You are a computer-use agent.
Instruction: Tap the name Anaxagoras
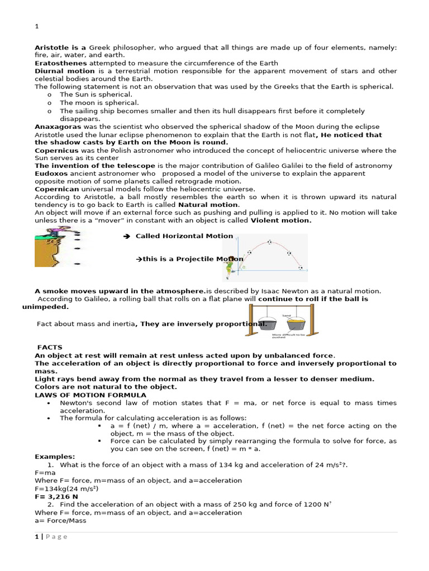pos(58,127)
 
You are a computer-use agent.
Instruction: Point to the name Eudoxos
pos(51,174)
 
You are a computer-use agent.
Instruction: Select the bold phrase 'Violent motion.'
pos(281,220)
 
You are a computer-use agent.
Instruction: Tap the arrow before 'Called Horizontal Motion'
pos(126,236)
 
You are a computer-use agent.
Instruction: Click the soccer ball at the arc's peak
pos(270,242)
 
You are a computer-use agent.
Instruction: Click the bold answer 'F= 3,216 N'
pos(56,496)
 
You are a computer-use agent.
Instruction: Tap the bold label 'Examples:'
pos(55,456)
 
